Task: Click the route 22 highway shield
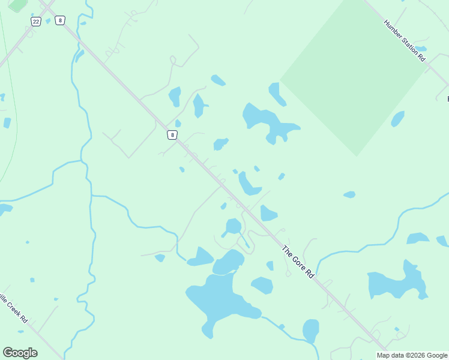(37, 22)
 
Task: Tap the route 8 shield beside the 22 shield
(59, 20)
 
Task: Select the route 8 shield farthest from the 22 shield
(172, 135)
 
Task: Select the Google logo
(20, 353)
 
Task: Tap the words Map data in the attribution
(390, 355)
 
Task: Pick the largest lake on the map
(219, 300)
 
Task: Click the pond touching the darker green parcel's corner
(276, 93)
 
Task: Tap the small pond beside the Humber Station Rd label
(420, 49)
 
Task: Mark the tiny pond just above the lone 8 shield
(178, 124)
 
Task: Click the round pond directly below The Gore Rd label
(310, 330)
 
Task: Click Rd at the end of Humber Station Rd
(421, 58)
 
